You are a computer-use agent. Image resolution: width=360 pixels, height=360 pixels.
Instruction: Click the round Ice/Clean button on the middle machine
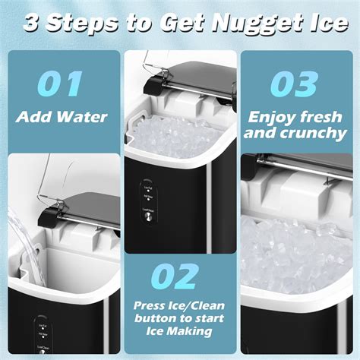click(148, 216)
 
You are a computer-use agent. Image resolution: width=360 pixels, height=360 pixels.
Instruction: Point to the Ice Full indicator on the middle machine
click(148, 183)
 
